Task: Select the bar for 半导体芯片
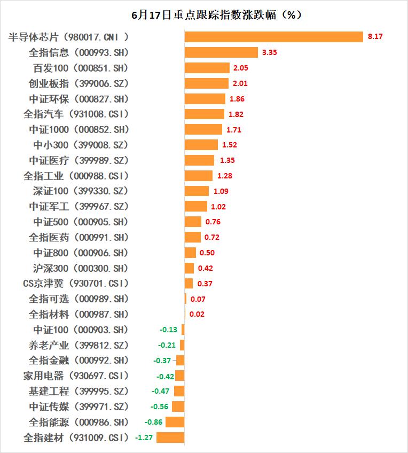click(274, 37)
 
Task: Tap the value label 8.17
click(375, 37)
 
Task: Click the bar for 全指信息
click(221, 52)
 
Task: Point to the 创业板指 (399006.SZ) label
click(79, 83)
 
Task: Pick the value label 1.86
click(238, 99)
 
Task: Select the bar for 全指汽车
click(205, 114)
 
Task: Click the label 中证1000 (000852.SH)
click(79, 129)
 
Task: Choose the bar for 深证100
click(197, 191)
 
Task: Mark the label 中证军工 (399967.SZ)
click(79, 206)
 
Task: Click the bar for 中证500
click(193, 222)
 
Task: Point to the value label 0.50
click(207, 253)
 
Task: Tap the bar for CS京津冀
click(189, 283)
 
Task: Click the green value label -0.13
click(169, 330)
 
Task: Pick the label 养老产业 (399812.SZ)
click(79, 345)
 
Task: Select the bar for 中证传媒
click(178, 407)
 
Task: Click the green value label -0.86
click(154, 422)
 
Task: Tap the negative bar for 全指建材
click(170, 438)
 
